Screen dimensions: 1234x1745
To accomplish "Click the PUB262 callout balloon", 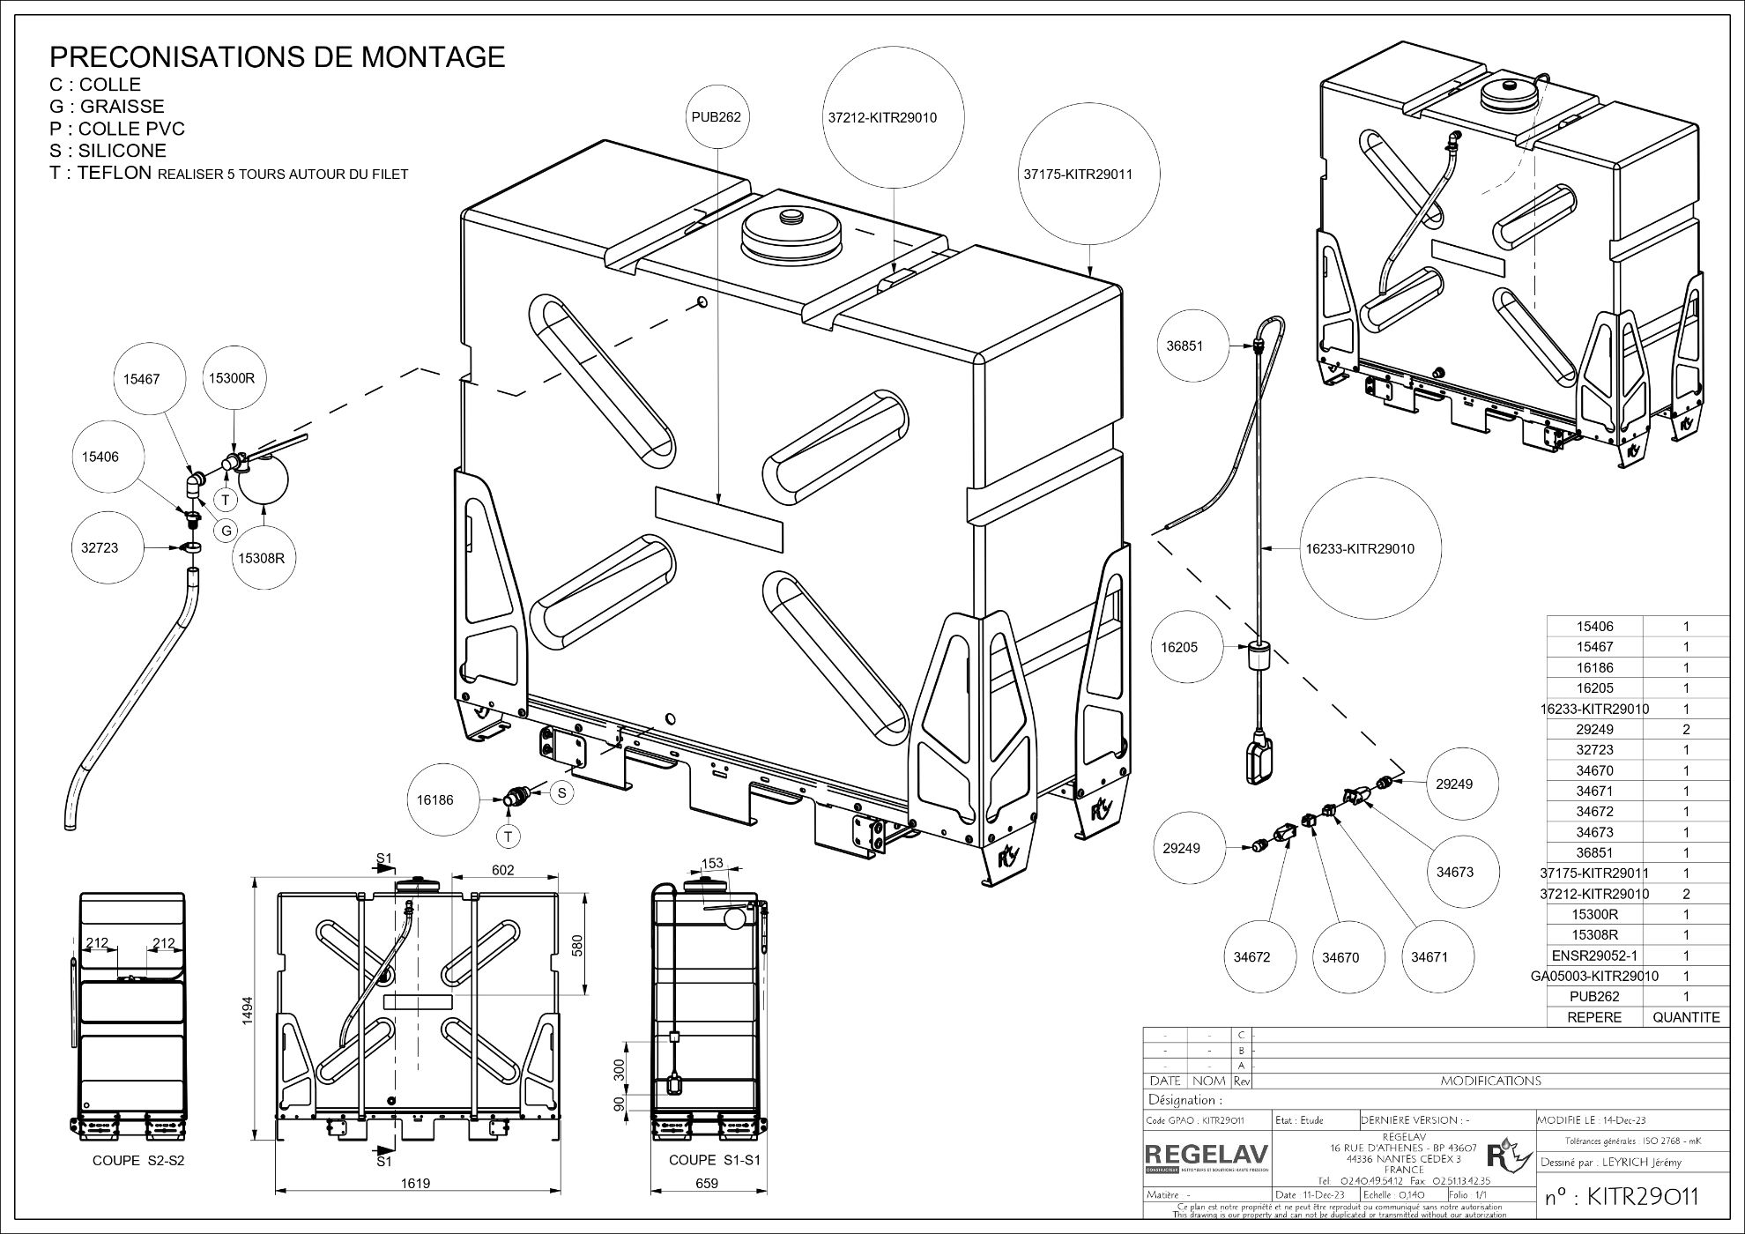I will click(x=716, y=116).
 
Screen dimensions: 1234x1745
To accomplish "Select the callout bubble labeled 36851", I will click(x=1184, y=346).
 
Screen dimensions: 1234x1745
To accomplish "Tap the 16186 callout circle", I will click(x=435, y=800).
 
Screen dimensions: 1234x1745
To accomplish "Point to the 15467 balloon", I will click(x=141, y=379).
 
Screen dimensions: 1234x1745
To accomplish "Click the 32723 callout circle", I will click(x=99, y=547).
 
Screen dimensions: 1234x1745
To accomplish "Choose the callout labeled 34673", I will click(x=1455, y=872).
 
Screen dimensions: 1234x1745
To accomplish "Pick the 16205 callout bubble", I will click(x=1178, y=647).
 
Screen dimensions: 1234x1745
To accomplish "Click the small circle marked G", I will click(x=226, y=531).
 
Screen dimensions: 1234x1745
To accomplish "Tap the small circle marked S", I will click(x=561, y=792).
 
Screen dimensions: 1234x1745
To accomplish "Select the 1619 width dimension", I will click(x=415, y=1183).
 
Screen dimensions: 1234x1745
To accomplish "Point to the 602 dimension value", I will click(x=502, y=870).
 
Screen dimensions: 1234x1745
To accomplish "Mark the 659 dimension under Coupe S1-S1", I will click(x=707, y=1183).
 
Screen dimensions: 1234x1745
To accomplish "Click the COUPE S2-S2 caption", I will click(x=138, y=1161).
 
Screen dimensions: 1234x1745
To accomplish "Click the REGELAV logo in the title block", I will click(x=1206, y=1156).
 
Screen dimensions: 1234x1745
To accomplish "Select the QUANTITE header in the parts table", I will click(x=1686, y=1017).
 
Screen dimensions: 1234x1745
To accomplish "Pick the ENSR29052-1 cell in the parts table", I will click(x=1594, y=955).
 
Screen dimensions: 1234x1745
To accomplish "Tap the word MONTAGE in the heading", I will click(x=432, y=56).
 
